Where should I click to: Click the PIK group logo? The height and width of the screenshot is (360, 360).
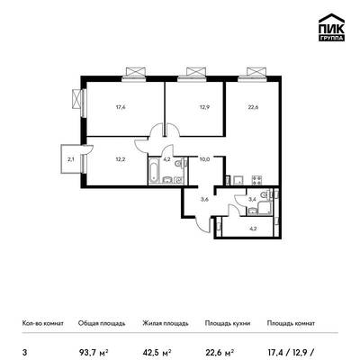(x=331, y=28)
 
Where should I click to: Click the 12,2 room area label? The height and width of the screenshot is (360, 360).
(x=121, y=159)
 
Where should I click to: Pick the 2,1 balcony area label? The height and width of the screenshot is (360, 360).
(x=71, y=159)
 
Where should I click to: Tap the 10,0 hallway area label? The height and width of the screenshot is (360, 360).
(x=204, y=159)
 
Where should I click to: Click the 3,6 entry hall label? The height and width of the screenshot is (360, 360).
(x=204, y=199)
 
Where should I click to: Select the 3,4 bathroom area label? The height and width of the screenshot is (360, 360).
(x=252, y=199)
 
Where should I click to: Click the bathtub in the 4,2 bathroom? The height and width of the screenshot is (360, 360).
(x=154, y=170)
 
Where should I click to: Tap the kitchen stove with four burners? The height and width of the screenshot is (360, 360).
(x=256, y=180)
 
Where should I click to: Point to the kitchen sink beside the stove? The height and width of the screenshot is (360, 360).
(x=239, y=180)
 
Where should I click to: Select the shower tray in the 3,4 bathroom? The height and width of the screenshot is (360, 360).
(x=265, y=208)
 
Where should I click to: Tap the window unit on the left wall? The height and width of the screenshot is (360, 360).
(x=76, y=99)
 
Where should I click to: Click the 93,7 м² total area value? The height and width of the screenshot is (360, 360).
(x=94, y=351)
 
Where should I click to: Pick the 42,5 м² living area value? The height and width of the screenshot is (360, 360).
(x=157, y=351)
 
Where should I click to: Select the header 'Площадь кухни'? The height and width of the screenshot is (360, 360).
(x=228, y=323)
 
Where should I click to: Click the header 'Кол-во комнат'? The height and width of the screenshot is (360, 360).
(x=43, y=323)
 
